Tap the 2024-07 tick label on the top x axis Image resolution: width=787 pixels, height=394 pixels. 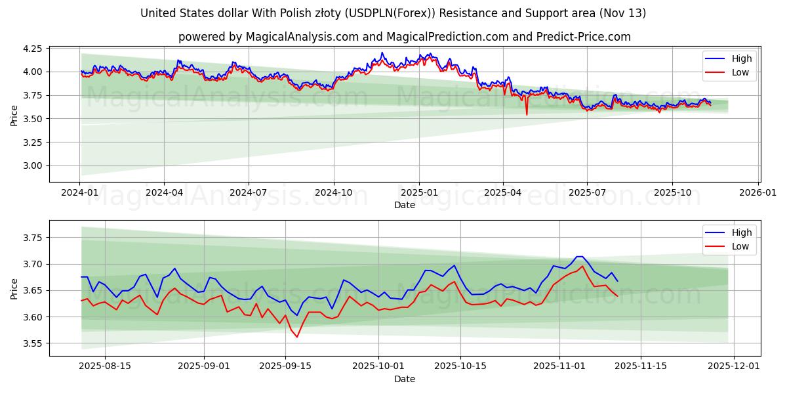[x=249, y=193]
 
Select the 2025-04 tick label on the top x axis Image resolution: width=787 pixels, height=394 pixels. [x=503, y=193]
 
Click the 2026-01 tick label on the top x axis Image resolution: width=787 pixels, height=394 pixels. [x=758, y=193]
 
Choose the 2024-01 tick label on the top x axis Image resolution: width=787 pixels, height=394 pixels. [x=79, y=193]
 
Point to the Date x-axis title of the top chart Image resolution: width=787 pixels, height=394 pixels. [x=404, y=205]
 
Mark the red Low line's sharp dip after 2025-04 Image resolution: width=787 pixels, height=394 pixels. [x=526, y=114]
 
